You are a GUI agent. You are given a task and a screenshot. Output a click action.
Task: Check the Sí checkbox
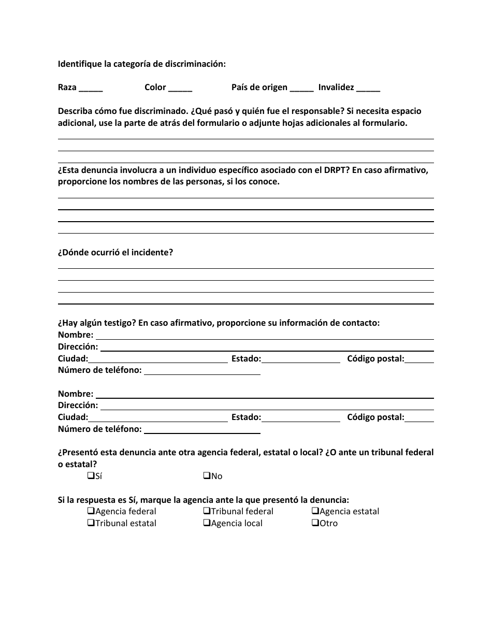pyautogui.click(x=91, y=475)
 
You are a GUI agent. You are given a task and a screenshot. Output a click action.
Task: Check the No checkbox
pyautogui.click(x=207, y=475)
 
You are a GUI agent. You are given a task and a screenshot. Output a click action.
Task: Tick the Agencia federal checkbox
pyautogui.click(x=91, y=511)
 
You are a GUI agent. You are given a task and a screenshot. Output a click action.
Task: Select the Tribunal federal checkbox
pyautogui.click(x=207, y=511)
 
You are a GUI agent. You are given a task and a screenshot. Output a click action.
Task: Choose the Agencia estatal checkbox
pyautogui.click(x=315, y=511)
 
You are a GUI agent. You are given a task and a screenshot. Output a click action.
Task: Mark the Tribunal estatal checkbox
pyautogui.click(x=91, y=523)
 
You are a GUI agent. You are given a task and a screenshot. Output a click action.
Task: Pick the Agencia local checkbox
pyautogui.click(x=207, y=523)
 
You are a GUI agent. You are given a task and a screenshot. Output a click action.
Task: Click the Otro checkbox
pyautogui.click(x=315, y=523)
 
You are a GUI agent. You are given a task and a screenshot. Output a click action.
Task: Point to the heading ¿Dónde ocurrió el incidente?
pyautogui.click(x=115, y=252)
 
